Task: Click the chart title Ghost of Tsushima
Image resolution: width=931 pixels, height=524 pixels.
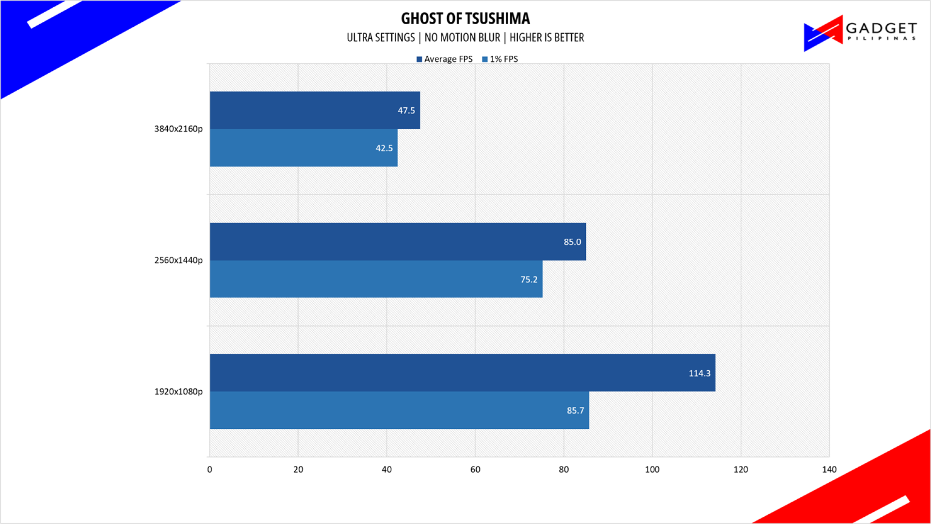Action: click(x=465, y=18)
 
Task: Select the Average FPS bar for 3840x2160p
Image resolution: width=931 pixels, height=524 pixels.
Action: click(x=315, y=110)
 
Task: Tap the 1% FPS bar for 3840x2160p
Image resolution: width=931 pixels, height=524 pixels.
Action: click(x=304, y=148)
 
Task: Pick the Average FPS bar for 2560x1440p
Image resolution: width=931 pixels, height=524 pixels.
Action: click(x=398, y=242)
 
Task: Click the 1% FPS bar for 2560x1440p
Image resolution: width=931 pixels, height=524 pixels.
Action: click(x=376, y=279)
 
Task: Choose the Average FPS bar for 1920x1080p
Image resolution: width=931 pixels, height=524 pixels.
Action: click(x=462, y=373)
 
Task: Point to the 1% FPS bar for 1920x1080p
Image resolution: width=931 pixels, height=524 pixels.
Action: click(x=399, y=410)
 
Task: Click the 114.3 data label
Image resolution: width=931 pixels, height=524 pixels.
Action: click(x=699, y=373)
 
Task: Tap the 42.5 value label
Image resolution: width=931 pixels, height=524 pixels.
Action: click(x=384, y=148)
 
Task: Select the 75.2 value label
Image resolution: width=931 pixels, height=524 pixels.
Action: click(x=529, y=279)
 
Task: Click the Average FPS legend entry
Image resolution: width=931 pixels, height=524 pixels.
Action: click(x=444, y=59)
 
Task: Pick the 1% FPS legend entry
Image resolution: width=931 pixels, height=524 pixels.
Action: click(x=500, y=59)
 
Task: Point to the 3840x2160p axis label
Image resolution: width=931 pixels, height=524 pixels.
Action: click(x=178, y=129)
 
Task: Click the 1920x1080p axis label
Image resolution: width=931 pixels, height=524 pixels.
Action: click(x=178, y=392)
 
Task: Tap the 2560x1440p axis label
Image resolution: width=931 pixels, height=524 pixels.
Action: click(x=178, y=260)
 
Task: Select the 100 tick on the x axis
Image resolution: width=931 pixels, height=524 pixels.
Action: click(x=652, y=469)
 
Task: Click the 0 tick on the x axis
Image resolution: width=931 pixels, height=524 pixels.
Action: click(x=209, y=469)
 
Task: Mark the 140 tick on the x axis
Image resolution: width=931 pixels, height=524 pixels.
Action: click(x=829, y=469)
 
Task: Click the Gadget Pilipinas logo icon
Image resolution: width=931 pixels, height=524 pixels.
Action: click(x=823, y=33)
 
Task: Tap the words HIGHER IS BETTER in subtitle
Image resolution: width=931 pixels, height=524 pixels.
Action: click(x=546, y=38)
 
